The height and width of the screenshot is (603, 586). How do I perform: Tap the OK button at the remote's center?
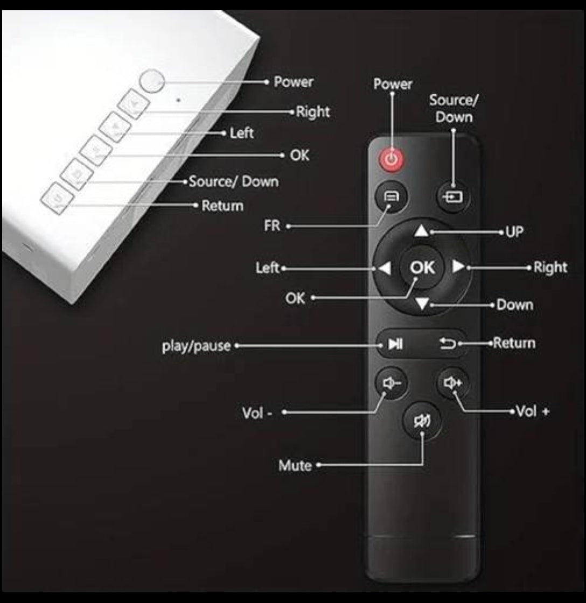422,267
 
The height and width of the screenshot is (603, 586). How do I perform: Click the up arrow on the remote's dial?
421,231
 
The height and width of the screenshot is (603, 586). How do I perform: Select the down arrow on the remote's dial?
422,304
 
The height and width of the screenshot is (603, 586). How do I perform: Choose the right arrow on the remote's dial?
457,267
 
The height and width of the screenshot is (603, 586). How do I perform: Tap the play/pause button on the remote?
395,343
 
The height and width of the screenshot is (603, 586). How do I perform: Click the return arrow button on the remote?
448,343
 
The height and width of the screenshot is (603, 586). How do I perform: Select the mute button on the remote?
422,421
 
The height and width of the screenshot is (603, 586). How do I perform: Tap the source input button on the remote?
452,197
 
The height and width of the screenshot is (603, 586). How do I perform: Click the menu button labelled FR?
391,197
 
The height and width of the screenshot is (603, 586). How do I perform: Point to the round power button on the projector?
152,81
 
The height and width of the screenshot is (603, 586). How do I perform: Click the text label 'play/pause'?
196,346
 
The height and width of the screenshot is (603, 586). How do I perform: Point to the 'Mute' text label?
295,466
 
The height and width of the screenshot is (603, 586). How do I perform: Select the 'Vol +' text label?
533,411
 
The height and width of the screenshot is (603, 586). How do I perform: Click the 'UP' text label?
515,232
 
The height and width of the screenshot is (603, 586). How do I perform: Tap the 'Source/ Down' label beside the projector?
234,181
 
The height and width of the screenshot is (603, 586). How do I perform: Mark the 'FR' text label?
272,226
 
